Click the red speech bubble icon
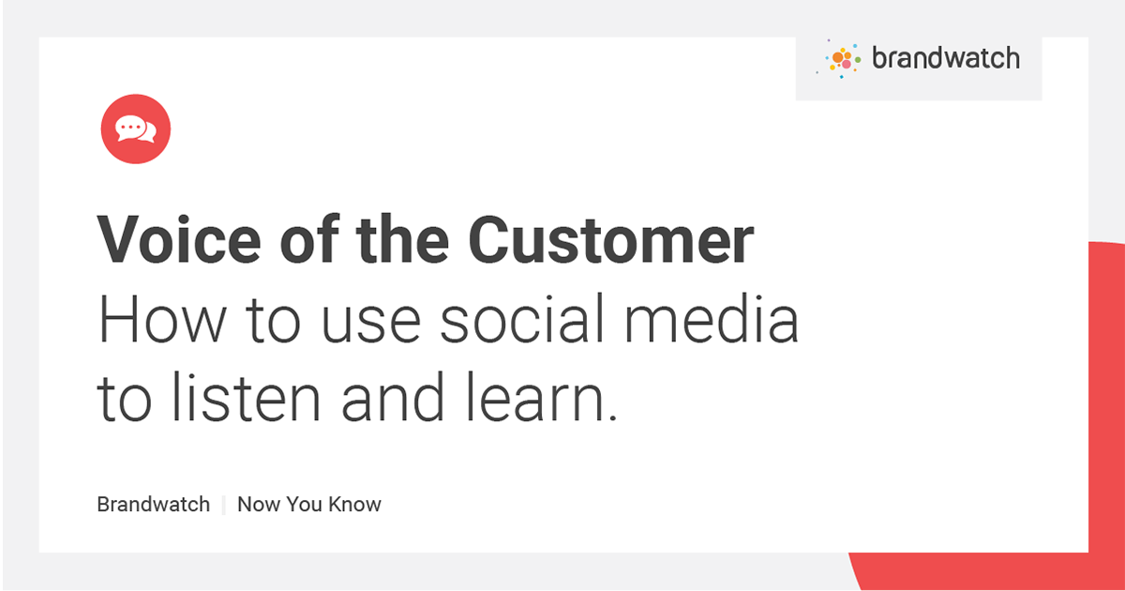(136, 129)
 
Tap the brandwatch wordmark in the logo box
(945, 59)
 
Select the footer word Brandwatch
(154, 505)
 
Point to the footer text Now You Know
(309, 505)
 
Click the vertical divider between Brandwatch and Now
(224, 505)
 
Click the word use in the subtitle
(361, 322)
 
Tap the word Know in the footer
(355, 505)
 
